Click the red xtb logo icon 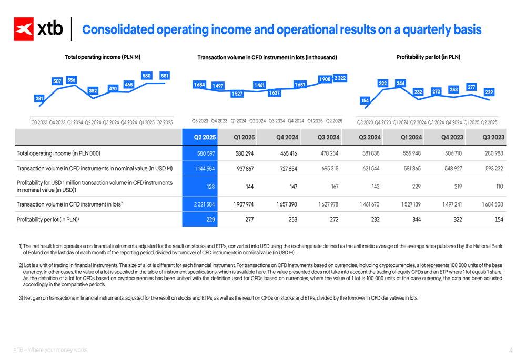(x=24, y=29)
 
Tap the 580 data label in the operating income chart (x=147, y=76)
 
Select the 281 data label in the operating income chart (x=39, y=99)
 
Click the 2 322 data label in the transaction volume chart (x=340, y=78)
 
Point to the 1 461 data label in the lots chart (x=260, y=85)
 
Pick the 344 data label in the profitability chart (x=400, y=84)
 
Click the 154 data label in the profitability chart (x=365, y=100)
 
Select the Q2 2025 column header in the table (x=205, y=137)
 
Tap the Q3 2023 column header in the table (x=493, y=137)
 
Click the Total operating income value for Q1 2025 (x=244, y=153)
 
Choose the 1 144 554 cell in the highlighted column (x=205, y=169)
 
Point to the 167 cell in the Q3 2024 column (x=335, y=187)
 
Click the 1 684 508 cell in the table (x=492, y=204)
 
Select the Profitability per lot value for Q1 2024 (x=416, y=220)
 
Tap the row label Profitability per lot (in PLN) (x=48, y=220)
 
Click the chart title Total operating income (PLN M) (x=103, y=57)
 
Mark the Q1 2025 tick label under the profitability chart (x=471, y=122)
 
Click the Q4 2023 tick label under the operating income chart (x=57, y=122)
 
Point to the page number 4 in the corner (x=511, y=350)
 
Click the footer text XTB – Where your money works (x=50, y=350)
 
